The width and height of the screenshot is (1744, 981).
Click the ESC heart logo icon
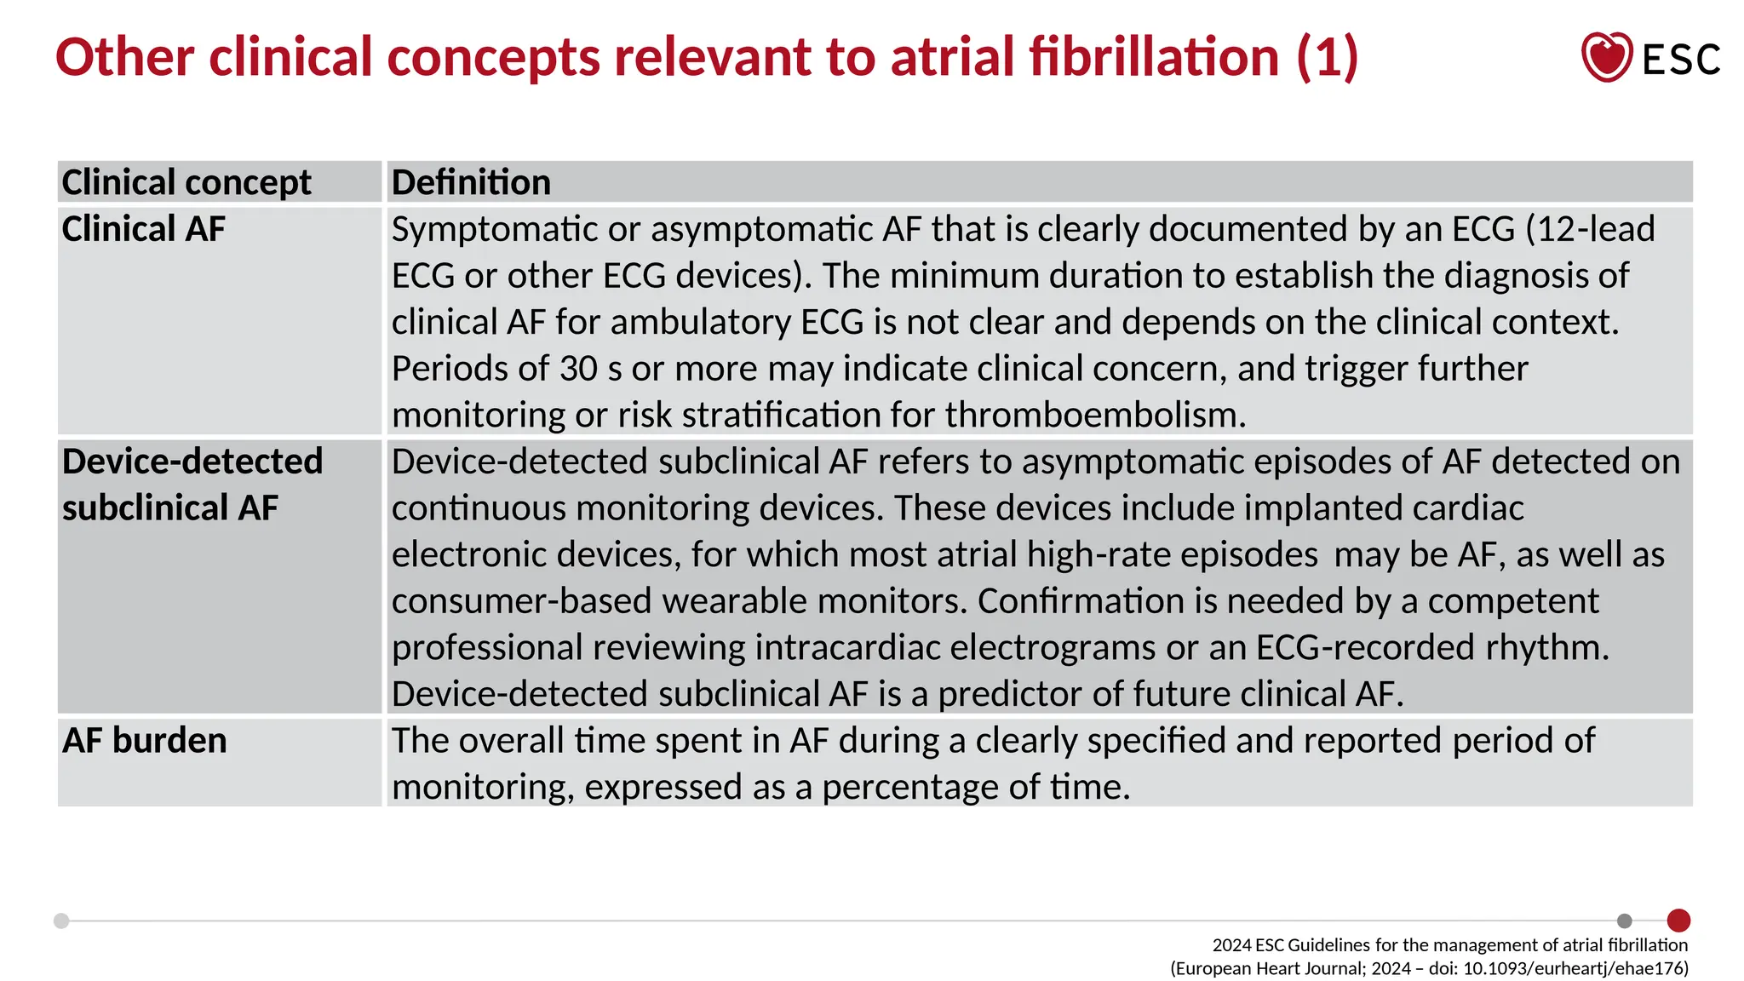1606,57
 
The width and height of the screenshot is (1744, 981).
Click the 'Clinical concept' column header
186,182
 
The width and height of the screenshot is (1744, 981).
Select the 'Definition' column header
471,182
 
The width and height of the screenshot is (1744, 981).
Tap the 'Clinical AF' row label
143,229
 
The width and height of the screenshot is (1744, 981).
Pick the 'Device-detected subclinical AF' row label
192,485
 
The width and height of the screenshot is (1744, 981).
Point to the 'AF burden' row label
144,741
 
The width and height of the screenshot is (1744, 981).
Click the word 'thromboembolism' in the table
1095,416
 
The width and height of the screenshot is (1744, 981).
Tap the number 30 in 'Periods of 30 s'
579,369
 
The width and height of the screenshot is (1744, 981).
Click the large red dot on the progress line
1678,921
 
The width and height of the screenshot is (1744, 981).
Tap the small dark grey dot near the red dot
1625,921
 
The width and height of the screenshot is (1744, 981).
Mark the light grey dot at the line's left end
61,921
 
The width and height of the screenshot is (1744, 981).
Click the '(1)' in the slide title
1327,57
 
